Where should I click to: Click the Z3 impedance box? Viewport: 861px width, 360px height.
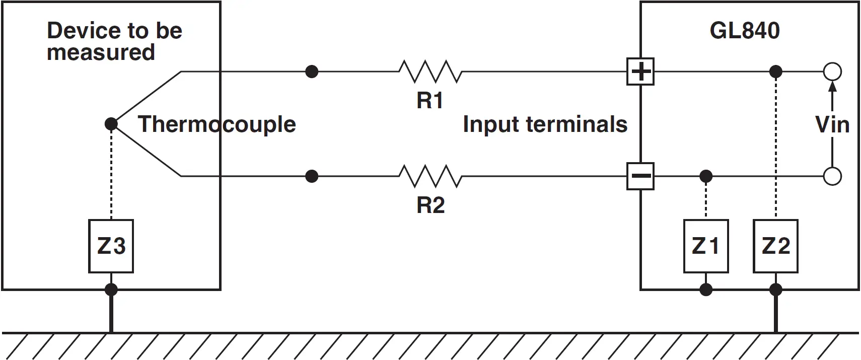coord(111,246)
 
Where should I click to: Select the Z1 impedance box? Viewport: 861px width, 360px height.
coord(706,246)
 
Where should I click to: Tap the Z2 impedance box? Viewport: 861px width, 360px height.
coord(776,246)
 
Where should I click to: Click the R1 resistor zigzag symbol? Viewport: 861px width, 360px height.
coord(430,71)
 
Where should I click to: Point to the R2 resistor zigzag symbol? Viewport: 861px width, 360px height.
coord(430,176)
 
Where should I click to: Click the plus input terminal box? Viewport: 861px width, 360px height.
coord(640,71)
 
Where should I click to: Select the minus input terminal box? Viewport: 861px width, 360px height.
coord(640,176)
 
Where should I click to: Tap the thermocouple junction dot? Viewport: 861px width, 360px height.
coord(111,124)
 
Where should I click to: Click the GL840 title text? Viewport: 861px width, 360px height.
coord(745,30)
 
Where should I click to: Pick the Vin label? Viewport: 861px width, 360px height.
coord(832,124)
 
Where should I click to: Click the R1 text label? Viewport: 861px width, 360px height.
coord(430,100)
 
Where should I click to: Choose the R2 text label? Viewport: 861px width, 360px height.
coord(430,205)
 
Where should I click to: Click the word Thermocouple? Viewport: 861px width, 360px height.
coord(217,124)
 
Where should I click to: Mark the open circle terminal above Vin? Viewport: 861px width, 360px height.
coord(833,71)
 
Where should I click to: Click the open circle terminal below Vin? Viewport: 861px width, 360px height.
coord(833,176)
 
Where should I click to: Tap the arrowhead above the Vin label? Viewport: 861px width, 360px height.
coord(833,87)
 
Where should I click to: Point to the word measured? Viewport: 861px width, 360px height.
coord(101,52)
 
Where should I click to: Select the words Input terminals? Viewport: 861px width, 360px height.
coord(545,124)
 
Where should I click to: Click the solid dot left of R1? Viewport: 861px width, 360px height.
coord(312,71)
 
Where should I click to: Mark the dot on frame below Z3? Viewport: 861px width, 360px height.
coord(111,290)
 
